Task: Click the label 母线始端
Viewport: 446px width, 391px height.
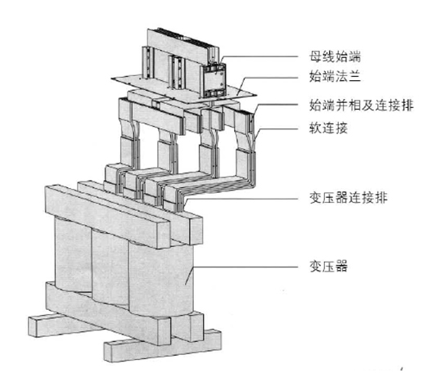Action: [x=335, y=57]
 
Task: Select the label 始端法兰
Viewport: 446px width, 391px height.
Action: [x=335, y=77]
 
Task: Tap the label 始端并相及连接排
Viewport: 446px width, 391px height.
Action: [x=361, y=105]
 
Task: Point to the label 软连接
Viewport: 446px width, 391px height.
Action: [x=328, y=128]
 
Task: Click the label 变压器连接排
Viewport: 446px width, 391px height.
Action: [x=348, y=198]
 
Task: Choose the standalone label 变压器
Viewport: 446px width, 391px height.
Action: [x=328, y=267]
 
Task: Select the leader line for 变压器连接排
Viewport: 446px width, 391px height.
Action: [x=241, y=198]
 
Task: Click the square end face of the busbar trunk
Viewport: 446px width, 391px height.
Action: [x=213, y=80]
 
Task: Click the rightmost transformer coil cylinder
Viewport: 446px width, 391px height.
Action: [x=161, y=280]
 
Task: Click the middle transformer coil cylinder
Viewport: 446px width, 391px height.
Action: [x=110, y=267]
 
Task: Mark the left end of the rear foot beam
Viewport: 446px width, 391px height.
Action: [x=32, y=326]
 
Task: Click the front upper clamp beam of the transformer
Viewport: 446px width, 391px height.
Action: [x=108, y=216]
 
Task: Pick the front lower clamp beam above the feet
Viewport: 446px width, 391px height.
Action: [x=108, y=312]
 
